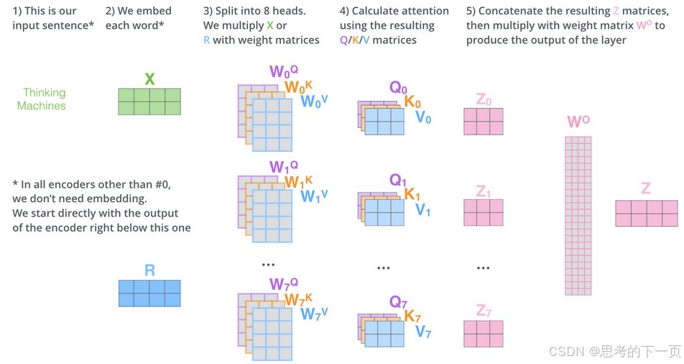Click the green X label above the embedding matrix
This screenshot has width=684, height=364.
(x=149, y=79)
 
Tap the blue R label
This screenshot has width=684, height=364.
(x=149, y=270)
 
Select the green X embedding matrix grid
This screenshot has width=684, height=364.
(x=149, y=101)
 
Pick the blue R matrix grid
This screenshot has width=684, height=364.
(x=149, y=294)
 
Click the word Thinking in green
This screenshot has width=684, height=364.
(x=44, y=93)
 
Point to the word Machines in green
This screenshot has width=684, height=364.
(x=42, y=106)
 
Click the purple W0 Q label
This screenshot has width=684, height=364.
(x=283, y=72)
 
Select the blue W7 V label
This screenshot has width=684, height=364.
(x=314, y=314)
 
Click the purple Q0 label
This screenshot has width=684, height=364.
(x=398, y=88)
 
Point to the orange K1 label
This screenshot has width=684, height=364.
(x=412, y=195)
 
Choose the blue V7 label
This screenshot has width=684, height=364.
(x=423, y=332)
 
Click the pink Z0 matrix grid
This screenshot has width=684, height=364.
(x=483, y=122)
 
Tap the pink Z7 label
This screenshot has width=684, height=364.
(x=484, y=311)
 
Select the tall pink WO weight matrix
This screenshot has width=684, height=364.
(x=578, y=216)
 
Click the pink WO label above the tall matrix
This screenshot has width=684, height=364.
(x=578, y=122)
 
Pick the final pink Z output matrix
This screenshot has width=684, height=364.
(x=647, y=214)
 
